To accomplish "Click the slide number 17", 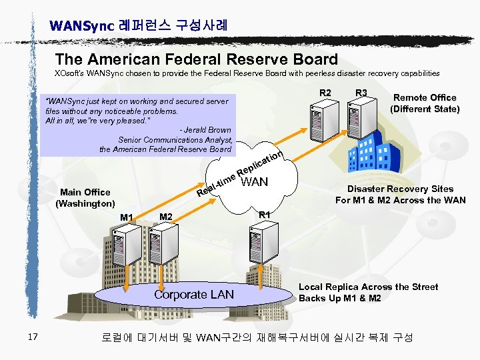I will point(33,337).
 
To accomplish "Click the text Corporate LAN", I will point(194,294).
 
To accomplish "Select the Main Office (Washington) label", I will point(86,197).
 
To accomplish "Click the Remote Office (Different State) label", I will point(425,103).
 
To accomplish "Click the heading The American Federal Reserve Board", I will point(197,59).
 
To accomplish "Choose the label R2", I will point(325,93).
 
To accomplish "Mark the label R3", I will point(362,93).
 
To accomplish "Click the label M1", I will point(127,217).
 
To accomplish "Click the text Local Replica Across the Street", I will point(368,287).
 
